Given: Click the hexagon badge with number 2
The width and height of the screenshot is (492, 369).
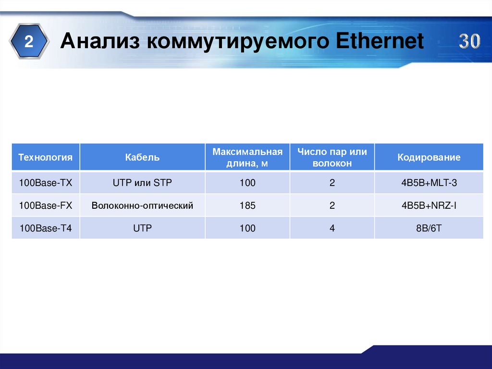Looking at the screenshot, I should pyautogui.click(x=29, y=42).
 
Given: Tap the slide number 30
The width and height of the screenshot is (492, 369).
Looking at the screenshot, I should pyautogui.click(x=468, y=42).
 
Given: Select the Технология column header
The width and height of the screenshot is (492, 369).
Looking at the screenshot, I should pyautogui.click(x=46, y=157).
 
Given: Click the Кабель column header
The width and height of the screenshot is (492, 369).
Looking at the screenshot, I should pyautogui.click(x=142, y=157).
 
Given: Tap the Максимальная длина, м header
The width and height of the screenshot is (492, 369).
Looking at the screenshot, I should pyautogui.click(x=247, y=157).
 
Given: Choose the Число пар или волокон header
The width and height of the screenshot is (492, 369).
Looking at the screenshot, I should pyautogui.click(x=332, y=157).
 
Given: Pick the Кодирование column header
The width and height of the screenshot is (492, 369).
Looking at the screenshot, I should pyautogui.click(x=429, y=157).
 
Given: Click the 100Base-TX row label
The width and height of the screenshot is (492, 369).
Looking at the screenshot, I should pyautogui.click(x=45, y=183).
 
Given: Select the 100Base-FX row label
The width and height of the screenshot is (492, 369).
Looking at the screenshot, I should pyautogui.click(x=46, y=206).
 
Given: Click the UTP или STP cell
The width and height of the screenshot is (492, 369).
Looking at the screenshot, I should pyautogui.click(x=142, y=183).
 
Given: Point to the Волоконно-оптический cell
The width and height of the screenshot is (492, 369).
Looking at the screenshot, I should pyautogui.click(x=142, y=206).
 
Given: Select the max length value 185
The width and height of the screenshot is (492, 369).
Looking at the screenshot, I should pyautogui.click(x=247, y=206).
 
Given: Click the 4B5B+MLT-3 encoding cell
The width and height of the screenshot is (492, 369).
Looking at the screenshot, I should pyautogui.click(x=429, y=183).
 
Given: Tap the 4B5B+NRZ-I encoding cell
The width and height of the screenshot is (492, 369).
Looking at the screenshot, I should pyautogui.click(x=429, y=206).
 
